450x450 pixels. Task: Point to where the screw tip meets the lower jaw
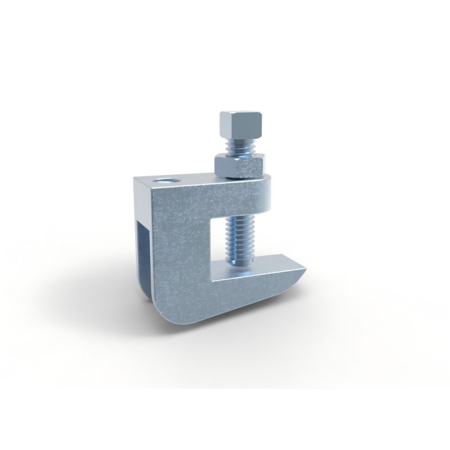pos(241,269)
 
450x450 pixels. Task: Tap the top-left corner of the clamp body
pos(136,180)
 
